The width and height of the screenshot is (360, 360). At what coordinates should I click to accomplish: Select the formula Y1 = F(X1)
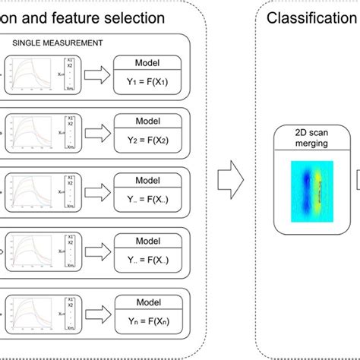pyautogui.click(x=146, y=84)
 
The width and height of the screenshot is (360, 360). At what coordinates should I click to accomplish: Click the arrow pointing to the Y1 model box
pyautogui.click(x=95, y=74)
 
